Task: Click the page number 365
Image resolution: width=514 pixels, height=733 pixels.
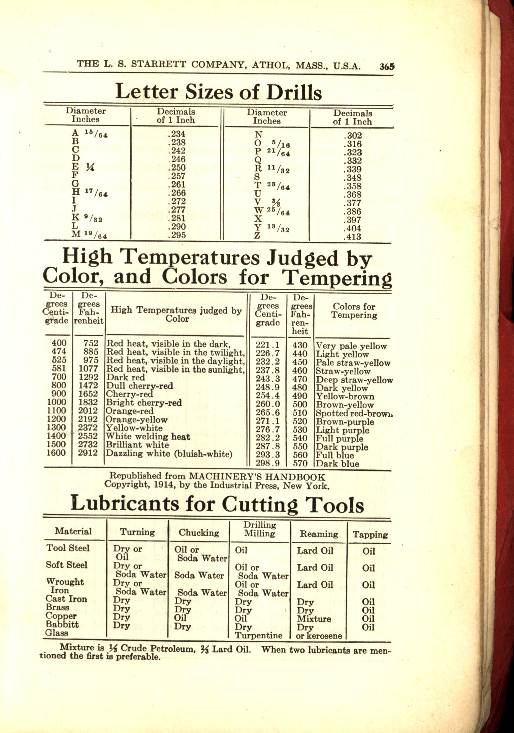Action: click(x=387, y=66)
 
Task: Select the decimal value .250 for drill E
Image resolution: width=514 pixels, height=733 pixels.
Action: click(x=176, y=168)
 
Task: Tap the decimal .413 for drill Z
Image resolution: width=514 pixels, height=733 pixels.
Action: click(x=352, y=237)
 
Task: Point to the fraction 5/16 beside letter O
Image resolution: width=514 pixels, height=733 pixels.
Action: click(x=282, y=144)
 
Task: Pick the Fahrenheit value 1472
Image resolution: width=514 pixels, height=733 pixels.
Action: click(x=88, y=385)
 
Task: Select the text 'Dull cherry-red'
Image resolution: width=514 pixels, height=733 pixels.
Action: click(x=139, y=386)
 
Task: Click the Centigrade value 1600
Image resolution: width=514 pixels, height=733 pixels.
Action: click(x=56, y=453)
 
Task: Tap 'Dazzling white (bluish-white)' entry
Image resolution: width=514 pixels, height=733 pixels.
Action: click(x=169, y=453)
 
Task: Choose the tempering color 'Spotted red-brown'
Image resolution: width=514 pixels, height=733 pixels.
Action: click(x=354, y=413)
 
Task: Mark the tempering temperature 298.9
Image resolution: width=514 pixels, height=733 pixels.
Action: click(x=268, y=463)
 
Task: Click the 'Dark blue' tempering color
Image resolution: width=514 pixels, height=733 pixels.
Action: click(x=338, y=464)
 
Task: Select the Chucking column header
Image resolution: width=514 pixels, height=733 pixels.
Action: click(x=199, y=533)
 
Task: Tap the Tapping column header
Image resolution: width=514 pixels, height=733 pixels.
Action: click(x=370, y=534)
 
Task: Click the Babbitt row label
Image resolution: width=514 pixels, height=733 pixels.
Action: click(x=62, y=624)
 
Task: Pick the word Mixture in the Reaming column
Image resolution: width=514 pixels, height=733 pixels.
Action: click(x=314, y=619)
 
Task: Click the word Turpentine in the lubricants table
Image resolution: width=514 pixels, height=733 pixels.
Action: click(x=258, y=636)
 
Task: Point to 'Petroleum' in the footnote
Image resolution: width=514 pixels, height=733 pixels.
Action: click(x=173, y=648)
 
